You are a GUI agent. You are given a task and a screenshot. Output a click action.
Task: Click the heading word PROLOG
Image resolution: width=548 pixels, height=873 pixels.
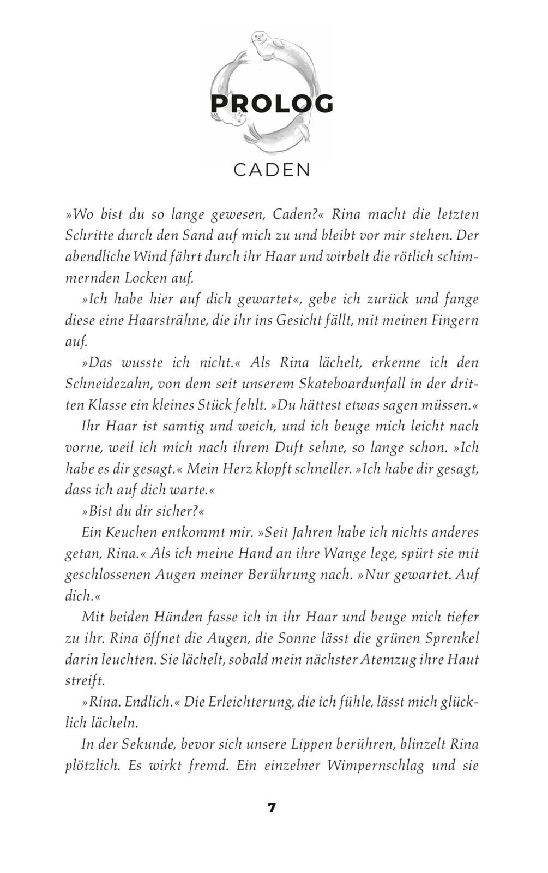(x=272, y=104)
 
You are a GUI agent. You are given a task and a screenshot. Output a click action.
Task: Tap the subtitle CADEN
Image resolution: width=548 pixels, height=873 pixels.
(x=272, y=170)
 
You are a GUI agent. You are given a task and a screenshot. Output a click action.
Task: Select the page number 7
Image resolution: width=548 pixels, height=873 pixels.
(x=272, y=808)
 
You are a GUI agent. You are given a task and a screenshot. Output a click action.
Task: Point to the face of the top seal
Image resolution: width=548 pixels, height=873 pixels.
(x=261, y=39)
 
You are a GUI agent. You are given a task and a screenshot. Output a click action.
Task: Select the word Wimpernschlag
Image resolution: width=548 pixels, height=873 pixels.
(x=376, y=765)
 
